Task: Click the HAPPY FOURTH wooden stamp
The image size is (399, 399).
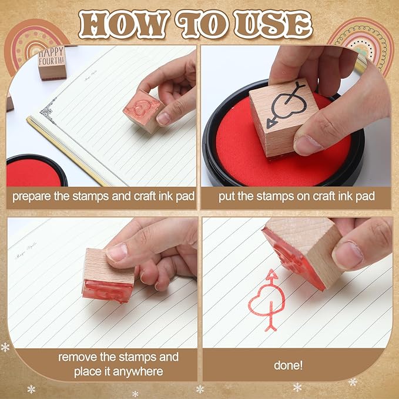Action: (52, 62)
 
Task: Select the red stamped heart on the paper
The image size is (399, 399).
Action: (266, 299)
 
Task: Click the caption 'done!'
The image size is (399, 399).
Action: (289, 365)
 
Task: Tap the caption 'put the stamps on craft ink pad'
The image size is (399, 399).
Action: (296, 196)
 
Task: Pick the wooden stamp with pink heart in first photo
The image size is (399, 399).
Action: (143, 110)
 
